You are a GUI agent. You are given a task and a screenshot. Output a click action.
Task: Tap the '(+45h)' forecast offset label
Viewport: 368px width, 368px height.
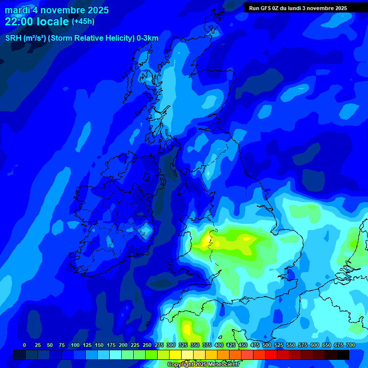83,22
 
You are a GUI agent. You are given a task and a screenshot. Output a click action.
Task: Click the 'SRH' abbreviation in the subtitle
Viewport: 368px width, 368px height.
13,38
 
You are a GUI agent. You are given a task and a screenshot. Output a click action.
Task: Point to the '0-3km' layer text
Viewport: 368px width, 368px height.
148,38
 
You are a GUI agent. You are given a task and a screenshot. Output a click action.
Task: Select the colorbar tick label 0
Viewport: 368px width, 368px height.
24,345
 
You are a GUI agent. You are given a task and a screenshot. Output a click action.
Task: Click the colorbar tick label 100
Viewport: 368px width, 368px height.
75,345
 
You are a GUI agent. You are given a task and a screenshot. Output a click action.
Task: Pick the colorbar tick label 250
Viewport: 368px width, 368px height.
147,345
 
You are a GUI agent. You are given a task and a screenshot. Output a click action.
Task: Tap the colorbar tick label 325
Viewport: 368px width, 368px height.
183,345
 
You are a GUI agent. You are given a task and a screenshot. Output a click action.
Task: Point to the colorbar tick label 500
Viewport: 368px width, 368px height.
267,345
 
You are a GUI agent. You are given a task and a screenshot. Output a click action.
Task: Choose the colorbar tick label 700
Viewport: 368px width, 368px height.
351,345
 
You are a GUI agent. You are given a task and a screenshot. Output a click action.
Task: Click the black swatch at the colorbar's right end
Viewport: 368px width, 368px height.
343,355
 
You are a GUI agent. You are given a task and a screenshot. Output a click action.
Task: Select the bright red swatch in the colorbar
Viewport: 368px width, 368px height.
271,355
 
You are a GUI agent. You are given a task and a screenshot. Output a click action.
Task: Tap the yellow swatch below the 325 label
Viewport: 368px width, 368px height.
175,355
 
